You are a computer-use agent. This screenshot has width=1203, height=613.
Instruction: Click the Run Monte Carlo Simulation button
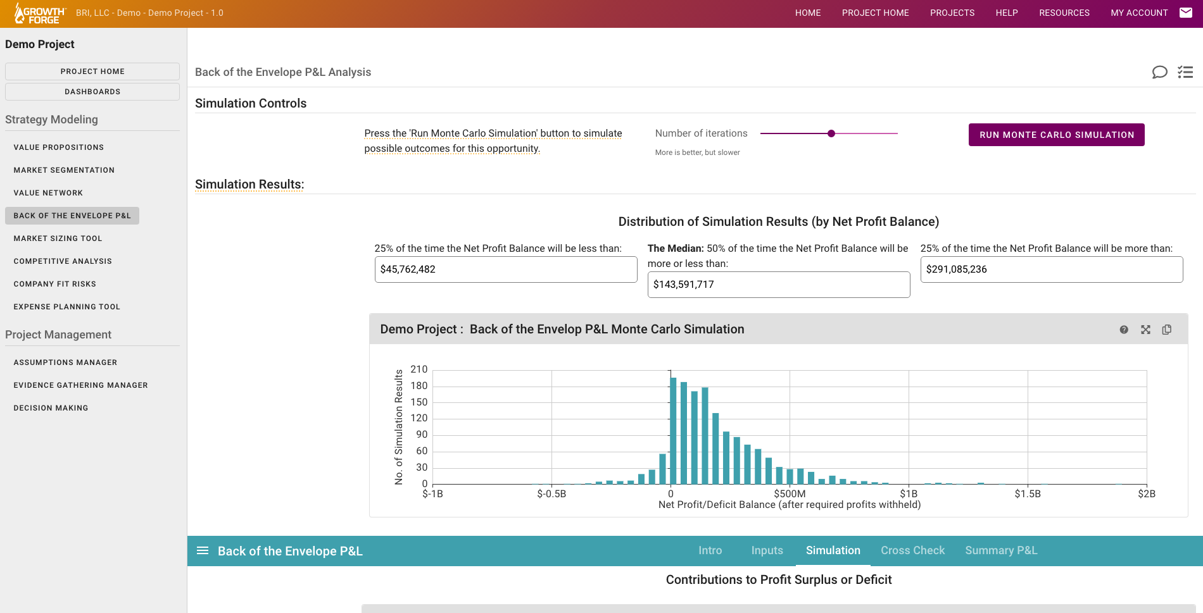1056,135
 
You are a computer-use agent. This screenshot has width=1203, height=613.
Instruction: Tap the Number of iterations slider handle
831,133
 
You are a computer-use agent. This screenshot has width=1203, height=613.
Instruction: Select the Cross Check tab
912,550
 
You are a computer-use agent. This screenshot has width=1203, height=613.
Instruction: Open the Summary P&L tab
1001,550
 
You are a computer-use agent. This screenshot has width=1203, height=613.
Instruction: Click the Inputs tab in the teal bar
767,550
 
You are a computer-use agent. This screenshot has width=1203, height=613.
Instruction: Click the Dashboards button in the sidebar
92,92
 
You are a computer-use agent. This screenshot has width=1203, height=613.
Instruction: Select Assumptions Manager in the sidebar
65,362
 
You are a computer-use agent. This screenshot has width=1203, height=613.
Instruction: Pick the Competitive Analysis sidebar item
63,261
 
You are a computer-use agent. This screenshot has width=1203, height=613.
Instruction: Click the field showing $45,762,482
505,269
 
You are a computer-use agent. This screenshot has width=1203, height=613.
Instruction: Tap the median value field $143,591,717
778,285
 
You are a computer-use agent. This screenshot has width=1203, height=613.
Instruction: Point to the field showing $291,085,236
1051,269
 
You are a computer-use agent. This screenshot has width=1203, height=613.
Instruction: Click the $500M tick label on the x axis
790,494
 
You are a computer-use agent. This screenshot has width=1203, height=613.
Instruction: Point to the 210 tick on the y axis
419,369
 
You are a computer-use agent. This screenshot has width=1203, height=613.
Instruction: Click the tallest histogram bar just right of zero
673,430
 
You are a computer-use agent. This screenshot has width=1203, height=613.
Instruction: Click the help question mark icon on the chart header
1124,330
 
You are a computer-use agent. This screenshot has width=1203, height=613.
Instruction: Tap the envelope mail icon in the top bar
1186,13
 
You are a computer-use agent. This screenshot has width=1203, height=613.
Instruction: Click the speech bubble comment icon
1159,72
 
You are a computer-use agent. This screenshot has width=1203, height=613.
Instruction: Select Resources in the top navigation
1064,13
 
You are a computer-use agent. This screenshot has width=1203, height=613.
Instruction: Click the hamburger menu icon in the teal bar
203,550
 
